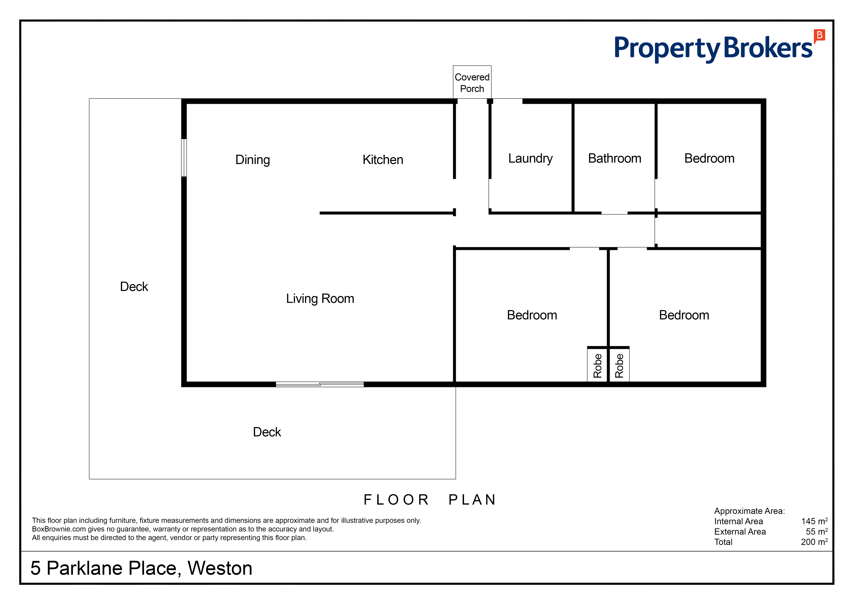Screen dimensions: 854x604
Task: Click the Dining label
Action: tap(253, 160)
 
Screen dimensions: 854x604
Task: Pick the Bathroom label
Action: tap(614, 158)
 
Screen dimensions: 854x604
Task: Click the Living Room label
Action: tap(320, 299)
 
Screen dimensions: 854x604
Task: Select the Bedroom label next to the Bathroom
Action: tap(709, 158)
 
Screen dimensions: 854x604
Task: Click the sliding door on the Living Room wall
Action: tap(320, 384)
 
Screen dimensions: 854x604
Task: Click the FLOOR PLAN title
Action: tap(430, 499)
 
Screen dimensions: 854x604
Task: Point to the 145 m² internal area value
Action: tap(814, 521)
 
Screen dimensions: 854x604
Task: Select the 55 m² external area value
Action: tap(817, 532)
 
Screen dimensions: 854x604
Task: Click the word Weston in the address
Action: tap(220, 568)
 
